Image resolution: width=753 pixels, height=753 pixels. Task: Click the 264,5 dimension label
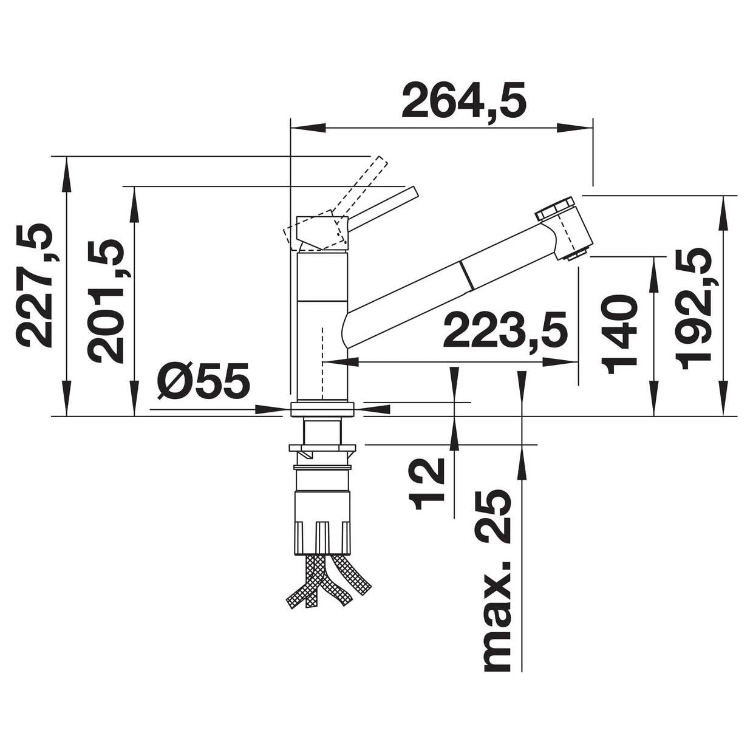(464, 100)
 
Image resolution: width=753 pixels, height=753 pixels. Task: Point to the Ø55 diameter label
(203, 380)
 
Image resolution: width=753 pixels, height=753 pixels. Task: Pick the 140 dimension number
(619, 334)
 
